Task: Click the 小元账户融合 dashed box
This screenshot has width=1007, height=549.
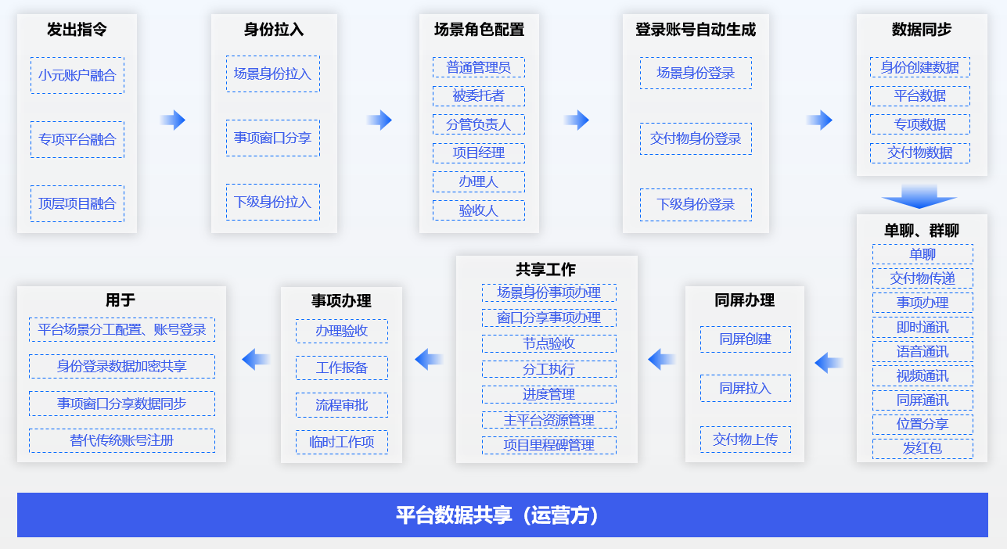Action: click(x=77, y=75)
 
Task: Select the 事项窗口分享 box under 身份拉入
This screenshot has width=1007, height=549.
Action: click(x=273, y=138)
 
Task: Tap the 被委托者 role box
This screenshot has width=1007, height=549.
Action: click(x=479, y=95)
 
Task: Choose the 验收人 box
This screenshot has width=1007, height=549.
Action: click(x=479, y=210)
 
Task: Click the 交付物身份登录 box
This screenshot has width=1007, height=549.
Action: click(x=696, y=139)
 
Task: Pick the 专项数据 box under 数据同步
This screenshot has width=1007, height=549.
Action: click(x=920, y=124)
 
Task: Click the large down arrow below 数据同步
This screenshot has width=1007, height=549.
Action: click(x=919, y=196)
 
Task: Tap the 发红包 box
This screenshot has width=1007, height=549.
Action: click(x=922, y=448)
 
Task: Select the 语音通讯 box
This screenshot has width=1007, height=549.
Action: click(x=922, y=351)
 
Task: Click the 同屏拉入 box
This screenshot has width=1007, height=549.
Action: click(x=746, y=388)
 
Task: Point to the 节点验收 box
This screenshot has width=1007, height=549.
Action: click(x=549, y=343)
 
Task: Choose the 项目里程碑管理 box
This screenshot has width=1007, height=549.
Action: click(x=549, y=445)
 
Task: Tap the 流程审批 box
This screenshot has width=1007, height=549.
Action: click(x=342, y=405)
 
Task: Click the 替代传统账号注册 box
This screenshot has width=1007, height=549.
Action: click(x=122, y=440)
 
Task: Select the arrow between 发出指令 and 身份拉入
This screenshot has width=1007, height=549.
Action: click(x=173, y=120)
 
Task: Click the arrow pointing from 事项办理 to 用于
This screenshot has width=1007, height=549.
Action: click(x=256, y=360)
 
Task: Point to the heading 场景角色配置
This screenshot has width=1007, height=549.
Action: click(x=479, y=30)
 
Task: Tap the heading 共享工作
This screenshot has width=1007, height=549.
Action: click(x=546, y=270)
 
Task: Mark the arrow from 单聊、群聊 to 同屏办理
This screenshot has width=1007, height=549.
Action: click(x=829, y=363)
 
